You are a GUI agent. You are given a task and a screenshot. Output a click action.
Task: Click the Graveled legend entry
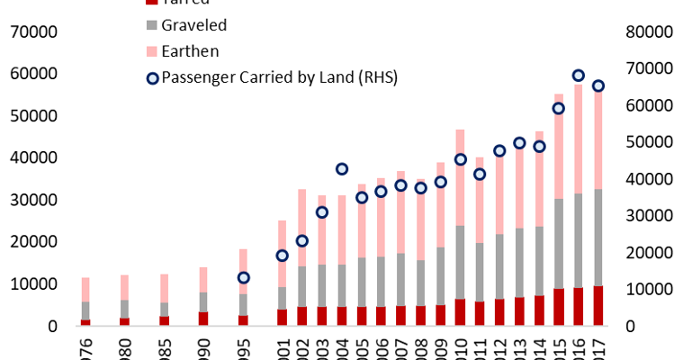tap(188, 25)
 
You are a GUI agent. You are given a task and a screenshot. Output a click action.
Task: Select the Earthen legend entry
tap(184, 51)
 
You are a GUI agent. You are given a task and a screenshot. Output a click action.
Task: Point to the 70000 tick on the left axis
tap(33, 32)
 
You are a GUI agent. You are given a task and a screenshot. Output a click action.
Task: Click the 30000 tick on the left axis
tap(33, 200)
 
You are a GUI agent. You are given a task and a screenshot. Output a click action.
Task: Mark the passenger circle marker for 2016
tap(579, 76)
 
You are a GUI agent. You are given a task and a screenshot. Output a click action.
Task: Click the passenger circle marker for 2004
tap(342, 169)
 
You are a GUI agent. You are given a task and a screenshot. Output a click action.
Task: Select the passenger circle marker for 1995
tap(243, 277)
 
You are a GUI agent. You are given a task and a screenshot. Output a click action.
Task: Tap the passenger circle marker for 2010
tap(460, 159)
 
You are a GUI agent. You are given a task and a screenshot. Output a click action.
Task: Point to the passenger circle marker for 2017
tap(598, 86)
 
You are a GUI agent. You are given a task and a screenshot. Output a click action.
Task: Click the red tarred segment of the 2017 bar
tap(598, 306)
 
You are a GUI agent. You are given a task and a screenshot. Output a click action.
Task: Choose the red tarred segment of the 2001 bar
tap(283, 317)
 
